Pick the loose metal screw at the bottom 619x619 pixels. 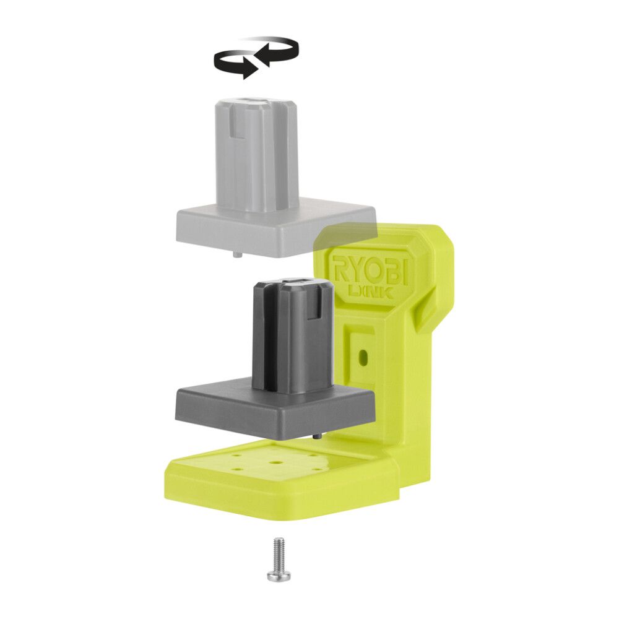click(x=278, y=560)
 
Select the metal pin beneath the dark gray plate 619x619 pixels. click(x=316, y=436)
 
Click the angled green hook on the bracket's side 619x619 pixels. click(x=427, y=309)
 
